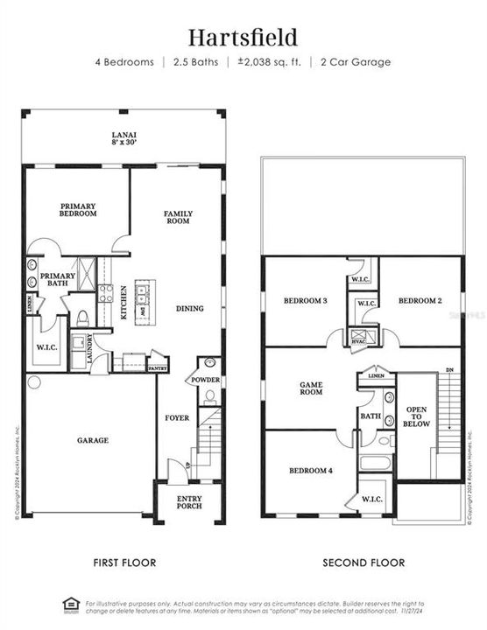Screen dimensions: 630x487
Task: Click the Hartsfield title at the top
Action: (243, 37)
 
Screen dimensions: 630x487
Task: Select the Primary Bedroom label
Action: (78, 210)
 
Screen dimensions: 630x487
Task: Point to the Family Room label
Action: (178, 217)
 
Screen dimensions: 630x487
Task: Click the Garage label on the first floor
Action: (92, 440)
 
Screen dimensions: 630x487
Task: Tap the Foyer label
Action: (177, 418)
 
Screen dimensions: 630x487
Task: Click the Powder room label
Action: (206, 380)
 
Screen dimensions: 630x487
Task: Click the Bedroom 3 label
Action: (305, 301)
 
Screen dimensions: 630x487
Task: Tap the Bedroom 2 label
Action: (420, 301)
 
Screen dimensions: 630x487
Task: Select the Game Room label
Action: (312, 388)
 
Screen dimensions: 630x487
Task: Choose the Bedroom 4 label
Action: (311, 471)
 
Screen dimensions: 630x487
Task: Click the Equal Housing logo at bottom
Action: (70, 604)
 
